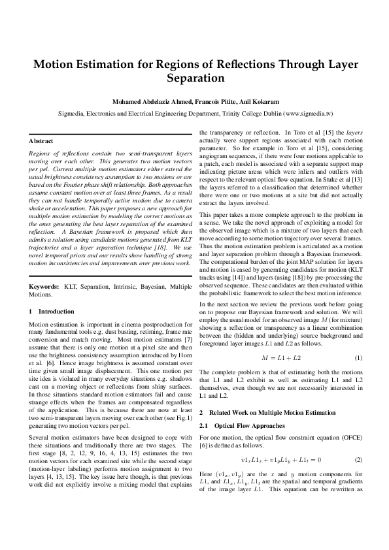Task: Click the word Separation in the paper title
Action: click(195, 78)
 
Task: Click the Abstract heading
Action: click(41, 140)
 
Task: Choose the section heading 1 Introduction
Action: click(52, 312)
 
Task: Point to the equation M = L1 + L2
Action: click(281, 358)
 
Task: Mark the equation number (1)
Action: click(358, 358)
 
